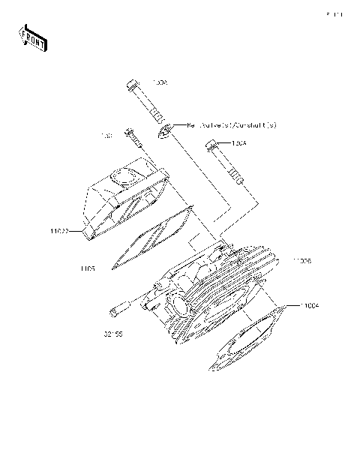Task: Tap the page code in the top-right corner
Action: coord(334,13)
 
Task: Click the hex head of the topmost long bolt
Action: coord(132,82)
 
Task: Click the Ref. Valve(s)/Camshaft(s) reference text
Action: coord(232,125)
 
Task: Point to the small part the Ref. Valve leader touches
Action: coord(163,132)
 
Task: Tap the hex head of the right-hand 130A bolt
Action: coord(212,145)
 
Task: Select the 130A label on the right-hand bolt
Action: coord(239,142)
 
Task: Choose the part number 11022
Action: coord(61,232)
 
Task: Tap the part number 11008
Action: coord(302,261)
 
